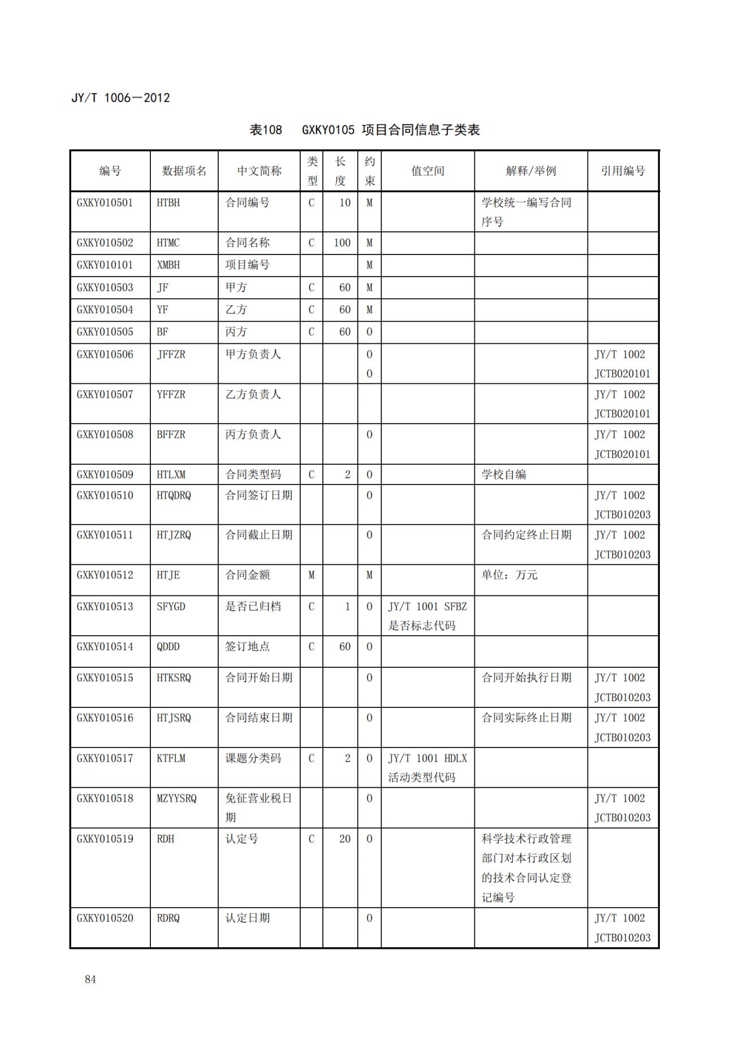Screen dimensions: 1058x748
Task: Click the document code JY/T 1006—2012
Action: [120, 98]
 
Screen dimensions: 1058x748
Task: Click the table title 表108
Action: [265, 130]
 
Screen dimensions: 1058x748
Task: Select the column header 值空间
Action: [427, 171]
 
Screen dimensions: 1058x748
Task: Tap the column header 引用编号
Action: [622, 171]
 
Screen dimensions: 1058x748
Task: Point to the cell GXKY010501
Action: [105, 203]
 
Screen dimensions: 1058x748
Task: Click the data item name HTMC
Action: [168, 243]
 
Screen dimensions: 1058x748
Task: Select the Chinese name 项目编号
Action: [247, 265]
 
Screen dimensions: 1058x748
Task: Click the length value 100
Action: [341, 243]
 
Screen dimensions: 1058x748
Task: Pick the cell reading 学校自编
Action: [504, 474]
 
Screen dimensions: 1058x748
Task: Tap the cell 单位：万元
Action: [509, 575]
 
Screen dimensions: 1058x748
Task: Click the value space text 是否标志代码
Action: [421, 626]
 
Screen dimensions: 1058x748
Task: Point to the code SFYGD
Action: [171, 607]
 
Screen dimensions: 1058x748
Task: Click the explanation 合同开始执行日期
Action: [526, 677]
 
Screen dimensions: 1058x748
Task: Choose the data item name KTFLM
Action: [171, 758]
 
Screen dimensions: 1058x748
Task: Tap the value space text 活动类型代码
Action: [421, 778]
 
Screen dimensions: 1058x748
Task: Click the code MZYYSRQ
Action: [176, 798]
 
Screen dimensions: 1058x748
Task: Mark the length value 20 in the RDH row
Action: [345, 839]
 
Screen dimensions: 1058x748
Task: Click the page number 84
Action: [90, 979]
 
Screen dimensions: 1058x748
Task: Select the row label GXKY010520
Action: [105, 918]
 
